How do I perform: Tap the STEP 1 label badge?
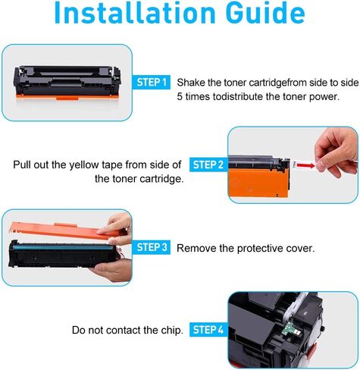coord(152,82)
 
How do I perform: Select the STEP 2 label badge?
coord(208,164)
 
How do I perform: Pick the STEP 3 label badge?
coord(152,247)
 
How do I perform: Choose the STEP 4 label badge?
coord(208,330)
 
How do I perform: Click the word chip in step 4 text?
coord(168,331)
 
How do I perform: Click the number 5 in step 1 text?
coord(179,96)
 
